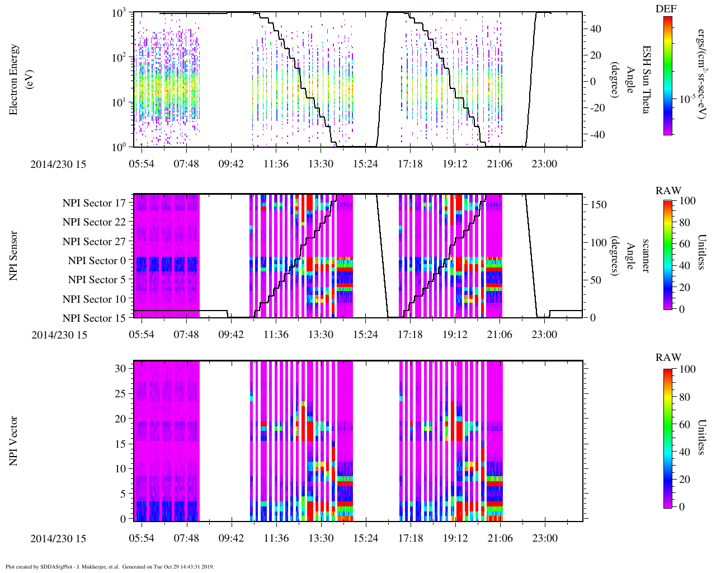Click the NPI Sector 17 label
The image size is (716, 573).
tap(94, 203)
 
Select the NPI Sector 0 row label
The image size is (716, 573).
tap(97, 261)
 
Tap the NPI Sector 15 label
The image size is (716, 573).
tap(94, 318)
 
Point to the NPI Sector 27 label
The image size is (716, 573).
tap(94, 242)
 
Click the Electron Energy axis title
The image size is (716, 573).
tap(20, 80)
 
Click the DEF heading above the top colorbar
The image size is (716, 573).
tap(666, 9)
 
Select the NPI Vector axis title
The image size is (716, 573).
tap(14, 441)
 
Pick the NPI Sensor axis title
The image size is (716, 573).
tap(14, 256)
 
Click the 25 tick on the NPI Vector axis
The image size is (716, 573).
tap(120, 394)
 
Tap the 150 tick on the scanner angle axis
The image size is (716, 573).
tap(599, 205)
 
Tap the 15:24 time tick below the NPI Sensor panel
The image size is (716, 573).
tap(365, 335)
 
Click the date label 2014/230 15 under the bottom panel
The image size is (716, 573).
tap(59, 539)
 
